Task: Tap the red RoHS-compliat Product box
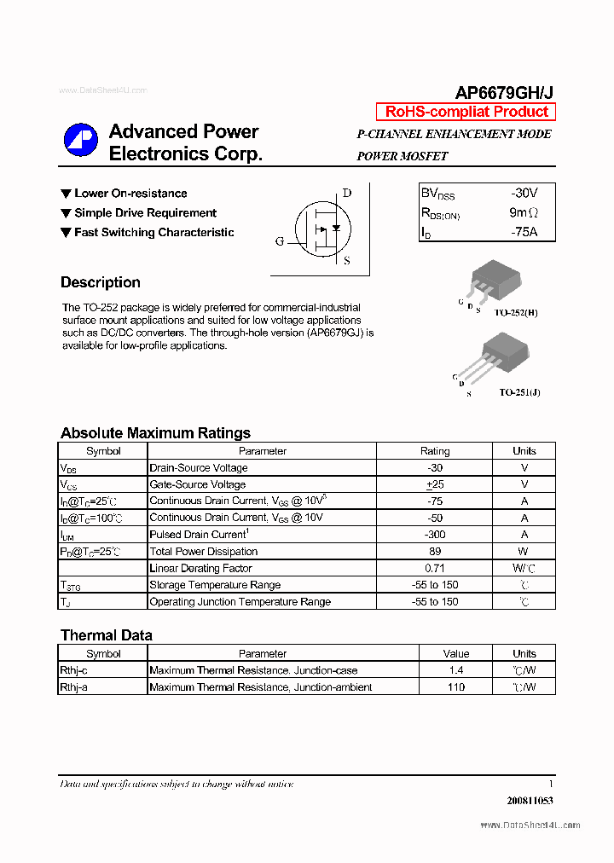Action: (x=466, y=112)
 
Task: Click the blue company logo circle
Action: (x=81, y=141)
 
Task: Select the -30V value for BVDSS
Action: (x=524, y=194)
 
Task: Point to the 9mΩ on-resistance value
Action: (x=524, y=213)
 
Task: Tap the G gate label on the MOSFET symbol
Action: (x=280, y=241)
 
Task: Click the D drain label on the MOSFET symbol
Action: (x=346, y=193)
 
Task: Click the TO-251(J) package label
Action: (x=519, y=392)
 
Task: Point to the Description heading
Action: (x=101, y=283)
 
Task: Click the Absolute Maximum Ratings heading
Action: (x=155, y=433)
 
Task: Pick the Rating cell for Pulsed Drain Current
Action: (x=435, y=535)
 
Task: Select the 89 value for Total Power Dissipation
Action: (x=435, y=552)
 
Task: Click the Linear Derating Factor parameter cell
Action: (x=200, y=568)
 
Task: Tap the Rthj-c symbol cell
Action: (x=74, y=670)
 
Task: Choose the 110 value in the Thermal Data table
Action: (x=456, y=687)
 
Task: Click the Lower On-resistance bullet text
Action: (x=130, y=194)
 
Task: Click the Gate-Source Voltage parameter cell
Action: (x=198, y=484)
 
